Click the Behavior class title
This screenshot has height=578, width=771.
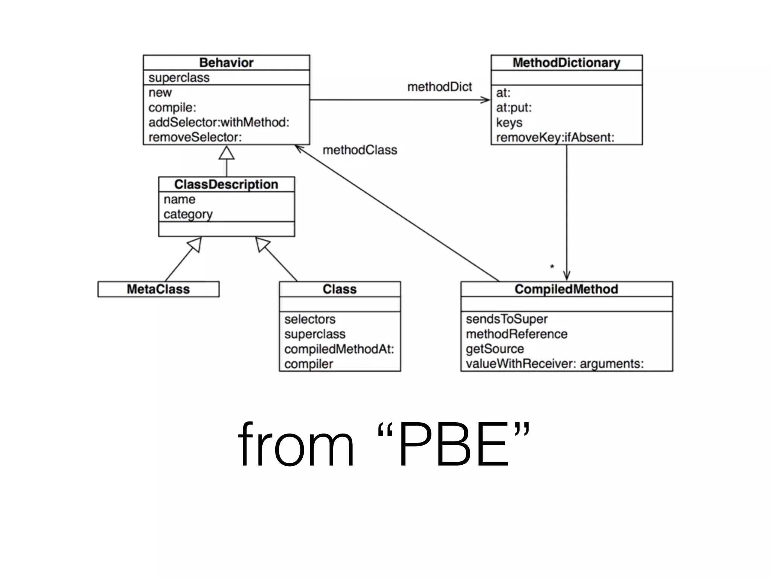click(x=226, y=62)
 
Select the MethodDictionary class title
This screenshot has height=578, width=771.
click(x=566, y=62)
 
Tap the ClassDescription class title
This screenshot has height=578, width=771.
click(x=226, y=184)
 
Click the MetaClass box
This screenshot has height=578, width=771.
click(x=158, y=289)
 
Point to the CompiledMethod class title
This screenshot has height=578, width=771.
click(x=566, y=289)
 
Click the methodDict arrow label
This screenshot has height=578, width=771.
click(x=439, y=87)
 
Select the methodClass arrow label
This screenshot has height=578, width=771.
click(x=360, y=150)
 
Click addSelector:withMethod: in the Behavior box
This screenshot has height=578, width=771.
click(x=219, y=122)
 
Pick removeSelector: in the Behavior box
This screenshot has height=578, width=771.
click(x=195, y=137)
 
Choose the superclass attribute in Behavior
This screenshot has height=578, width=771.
click(x=179, y=78)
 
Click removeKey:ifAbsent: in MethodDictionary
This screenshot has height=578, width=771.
click(x=555, y=137)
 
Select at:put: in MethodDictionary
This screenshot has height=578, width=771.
click(x=514, y=108)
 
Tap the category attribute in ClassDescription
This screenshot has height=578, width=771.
click(x=188, y=214)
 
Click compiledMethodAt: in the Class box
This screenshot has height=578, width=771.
click(x=339, y=349)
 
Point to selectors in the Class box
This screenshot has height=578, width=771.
click(x=310, y=319)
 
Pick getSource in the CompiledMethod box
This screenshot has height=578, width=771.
click(x=495, y=349)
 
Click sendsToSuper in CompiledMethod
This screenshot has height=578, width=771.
click(x=506, y=319)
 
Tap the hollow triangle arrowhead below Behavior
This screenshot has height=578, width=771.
click(x=227, y=153)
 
